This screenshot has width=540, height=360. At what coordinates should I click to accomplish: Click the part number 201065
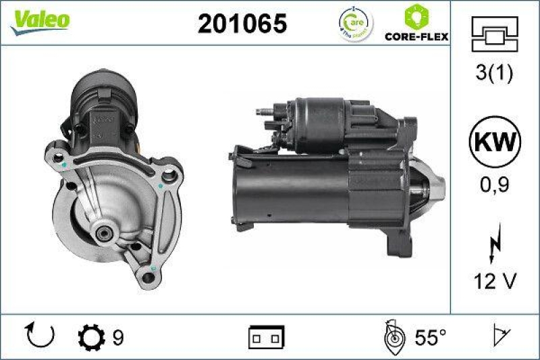(x=242, y=24)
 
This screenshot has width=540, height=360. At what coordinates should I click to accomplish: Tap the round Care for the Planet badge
(x=355, y=24)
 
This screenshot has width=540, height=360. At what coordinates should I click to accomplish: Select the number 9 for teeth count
(x=117, y=336)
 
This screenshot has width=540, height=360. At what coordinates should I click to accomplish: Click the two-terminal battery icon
(x=267, y=336)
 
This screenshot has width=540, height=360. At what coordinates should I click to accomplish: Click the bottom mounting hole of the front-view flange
(x=149, y=275)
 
